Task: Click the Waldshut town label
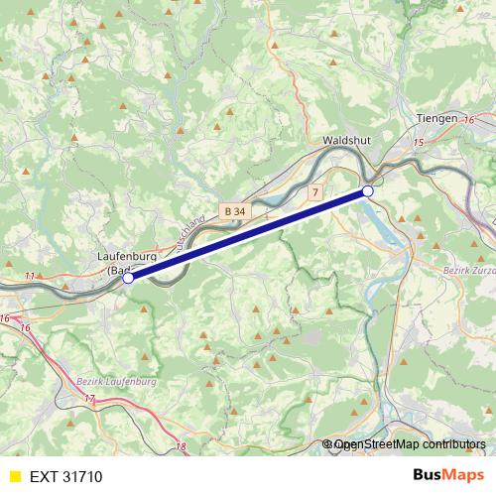(346, 141)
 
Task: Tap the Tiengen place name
(437, 117)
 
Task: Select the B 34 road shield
(234, 211)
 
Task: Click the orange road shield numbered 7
(315, 191)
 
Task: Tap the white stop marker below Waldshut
(368, 190)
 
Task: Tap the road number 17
(90, 399)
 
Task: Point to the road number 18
(180, 447)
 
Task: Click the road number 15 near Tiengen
(418, 144)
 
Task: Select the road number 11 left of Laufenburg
(31, 275)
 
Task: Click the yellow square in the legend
(14, 476)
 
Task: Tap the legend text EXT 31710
(65, 476)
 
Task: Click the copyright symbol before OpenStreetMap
(328, 445)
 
